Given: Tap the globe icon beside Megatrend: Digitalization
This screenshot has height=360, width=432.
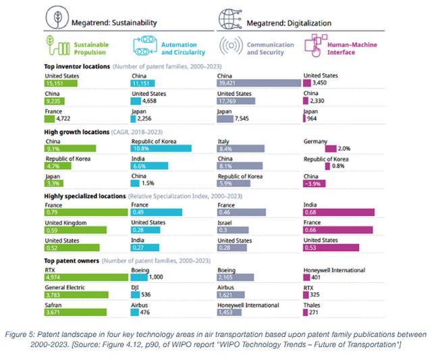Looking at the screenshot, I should coord(233,18).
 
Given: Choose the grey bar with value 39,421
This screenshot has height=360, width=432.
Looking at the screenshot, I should coord(259,83).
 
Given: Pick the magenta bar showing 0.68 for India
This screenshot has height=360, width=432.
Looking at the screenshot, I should coord(339,212).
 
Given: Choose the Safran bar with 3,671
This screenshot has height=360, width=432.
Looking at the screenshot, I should coord(75,313).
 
